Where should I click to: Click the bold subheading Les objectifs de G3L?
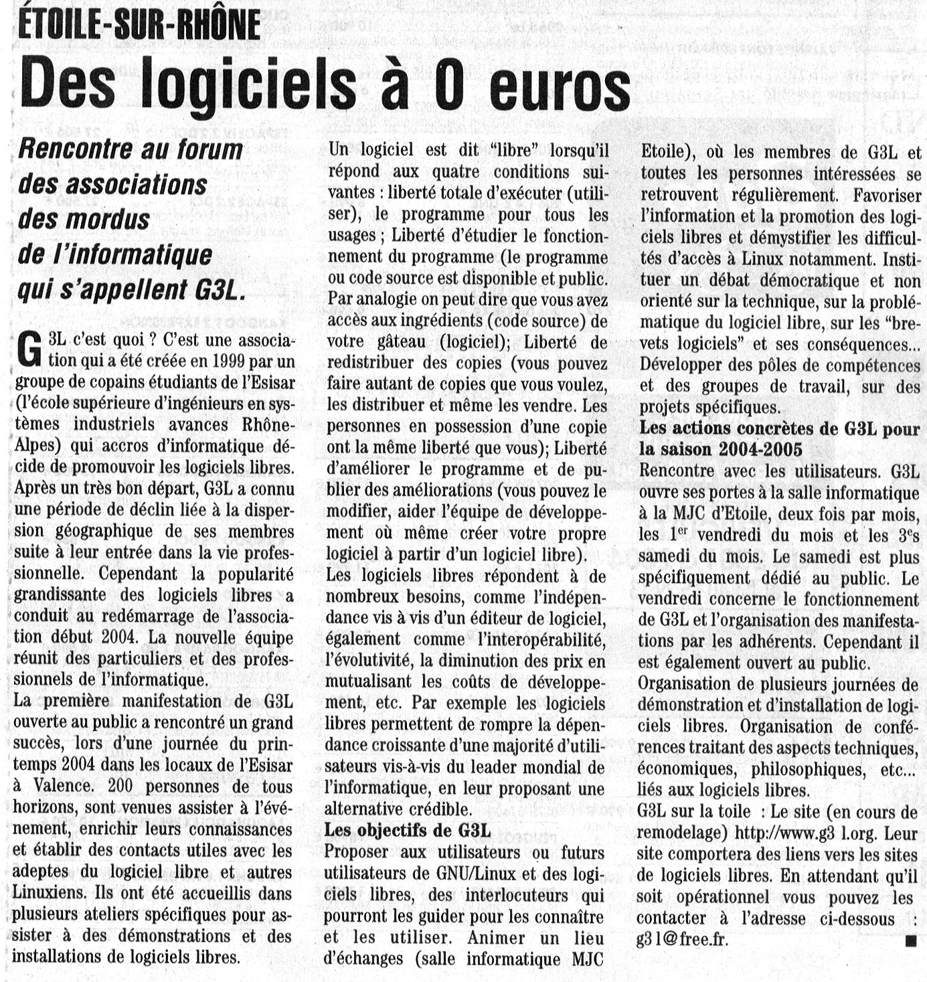(x=407, y=830)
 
